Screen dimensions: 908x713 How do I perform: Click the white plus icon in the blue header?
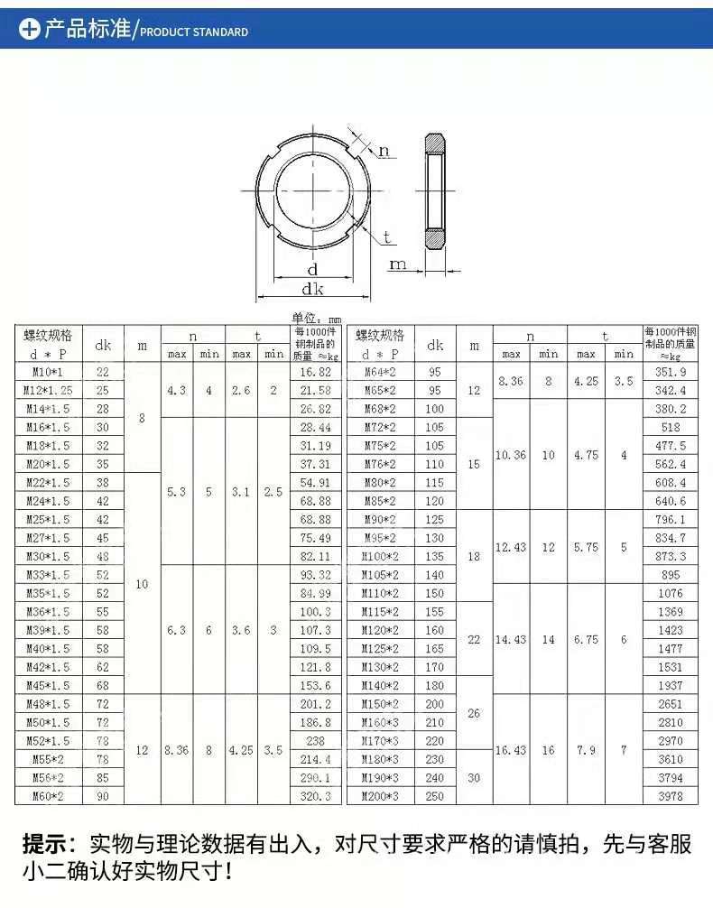30,30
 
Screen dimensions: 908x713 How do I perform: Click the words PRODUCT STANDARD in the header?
194,32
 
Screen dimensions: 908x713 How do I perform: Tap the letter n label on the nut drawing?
384,151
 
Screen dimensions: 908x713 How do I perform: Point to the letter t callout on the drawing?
387,237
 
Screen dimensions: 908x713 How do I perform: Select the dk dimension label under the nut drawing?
312,289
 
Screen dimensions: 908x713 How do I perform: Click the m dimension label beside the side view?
398,264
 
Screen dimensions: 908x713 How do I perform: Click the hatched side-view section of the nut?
435,191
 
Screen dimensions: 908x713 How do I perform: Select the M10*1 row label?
50,372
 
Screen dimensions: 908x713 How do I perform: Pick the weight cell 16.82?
315,372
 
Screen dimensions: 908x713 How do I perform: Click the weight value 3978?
671,796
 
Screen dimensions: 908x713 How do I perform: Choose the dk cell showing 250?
435,796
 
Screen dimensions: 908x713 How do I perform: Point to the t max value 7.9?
586,750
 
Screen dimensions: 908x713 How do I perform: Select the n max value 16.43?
511,750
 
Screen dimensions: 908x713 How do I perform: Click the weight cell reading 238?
315,741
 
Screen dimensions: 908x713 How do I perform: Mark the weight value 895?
671,575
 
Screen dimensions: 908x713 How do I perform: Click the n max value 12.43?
511,547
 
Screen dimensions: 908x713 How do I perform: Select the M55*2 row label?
50,759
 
